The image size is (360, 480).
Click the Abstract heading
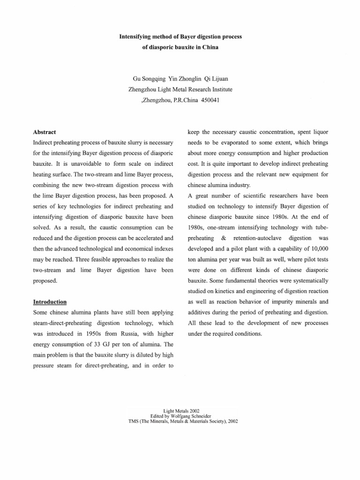[45, 133]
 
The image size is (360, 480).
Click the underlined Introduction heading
[49, 301]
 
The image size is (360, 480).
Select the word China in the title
[210, 48]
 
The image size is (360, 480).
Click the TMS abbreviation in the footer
[134, 421]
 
